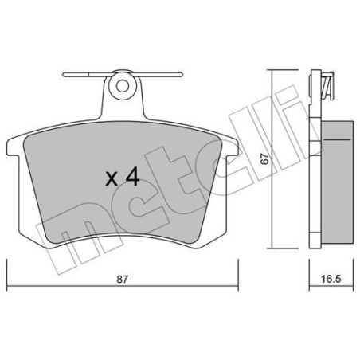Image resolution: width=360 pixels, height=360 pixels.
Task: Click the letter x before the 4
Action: tap(112, 179)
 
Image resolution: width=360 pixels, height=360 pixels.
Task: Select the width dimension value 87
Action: tap(122, 280)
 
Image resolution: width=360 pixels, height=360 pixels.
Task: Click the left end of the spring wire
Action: tap(66, 77)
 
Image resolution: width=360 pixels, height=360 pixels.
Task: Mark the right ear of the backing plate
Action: tap(232, 149)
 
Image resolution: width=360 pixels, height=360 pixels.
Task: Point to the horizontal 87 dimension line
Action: tap(80, 288)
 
